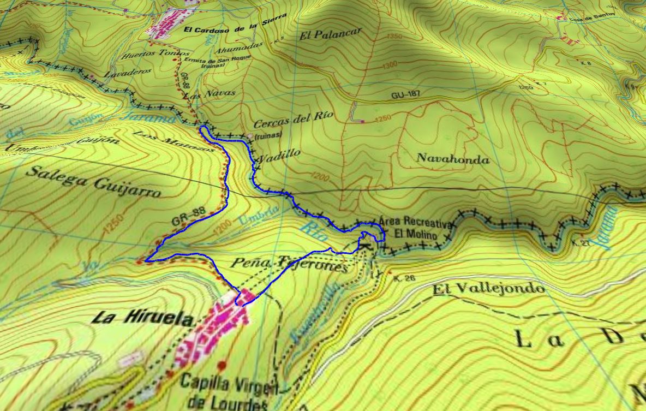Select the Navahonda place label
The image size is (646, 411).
coord(453,159)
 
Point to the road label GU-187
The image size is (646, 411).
coord(406,95)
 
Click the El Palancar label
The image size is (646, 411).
coord(331,34)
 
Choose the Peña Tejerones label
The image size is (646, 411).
coord(289,264)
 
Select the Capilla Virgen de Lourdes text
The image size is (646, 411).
coord(229,392)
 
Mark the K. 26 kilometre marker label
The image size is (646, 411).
coord(404,278)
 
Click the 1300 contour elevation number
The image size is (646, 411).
coord(391,65)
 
